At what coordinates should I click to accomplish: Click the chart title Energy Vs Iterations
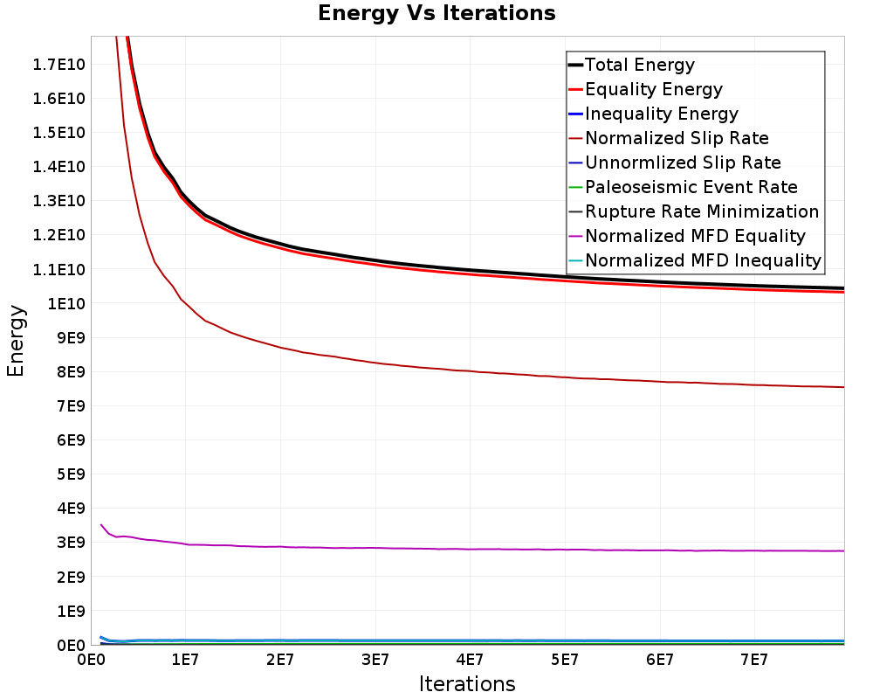pyautogui.click(x=436, y=13)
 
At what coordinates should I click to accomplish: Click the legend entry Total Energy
pyautogui.click(x=639, y=65)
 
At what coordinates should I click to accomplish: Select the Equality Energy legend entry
pyautogui.click(x=653, y=89)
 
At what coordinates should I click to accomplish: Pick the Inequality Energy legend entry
pyautogui.click(x=661, y=114)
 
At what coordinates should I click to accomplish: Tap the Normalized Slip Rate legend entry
pyautogui.click(x=677, y=138)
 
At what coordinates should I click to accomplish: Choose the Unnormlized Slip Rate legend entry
pyautogui.click(x=683, y=163)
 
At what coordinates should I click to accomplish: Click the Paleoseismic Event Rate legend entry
pyautogui.click(x=691, y=187)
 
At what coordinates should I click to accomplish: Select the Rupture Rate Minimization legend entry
pyautogui.click(x=702, y=211)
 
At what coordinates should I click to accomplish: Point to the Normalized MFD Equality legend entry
pyautogui.click(x=695, y=236)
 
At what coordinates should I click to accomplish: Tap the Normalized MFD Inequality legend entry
pyautogui.click(x=703, y=260)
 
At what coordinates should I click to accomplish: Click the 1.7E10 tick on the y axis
pyautogui.click(x=58, y=64)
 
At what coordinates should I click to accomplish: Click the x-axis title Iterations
pyautogui.click(x=467, y=683)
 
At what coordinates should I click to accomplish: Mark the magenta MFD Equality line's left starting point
pyautogui.click(x=101, y=525)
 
